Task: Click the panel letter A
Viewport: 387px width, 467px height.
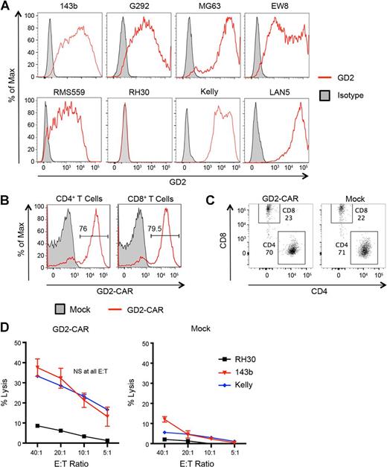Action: tap(6, 6)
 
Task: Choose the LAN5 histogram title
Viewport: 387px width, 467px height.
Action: tap(280, 95)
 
